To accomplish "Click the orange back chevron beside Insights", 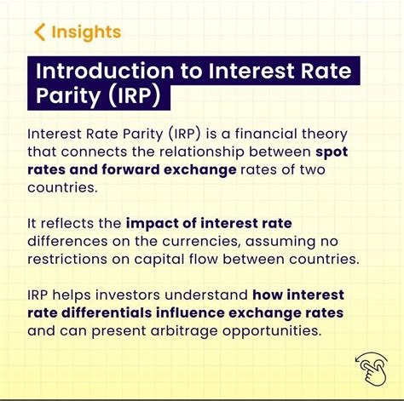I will (x=39, y=33).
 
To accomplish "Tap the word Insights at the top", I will (x=86, y=33).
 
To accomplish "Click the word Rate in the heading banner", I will (x=332, y=69).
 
